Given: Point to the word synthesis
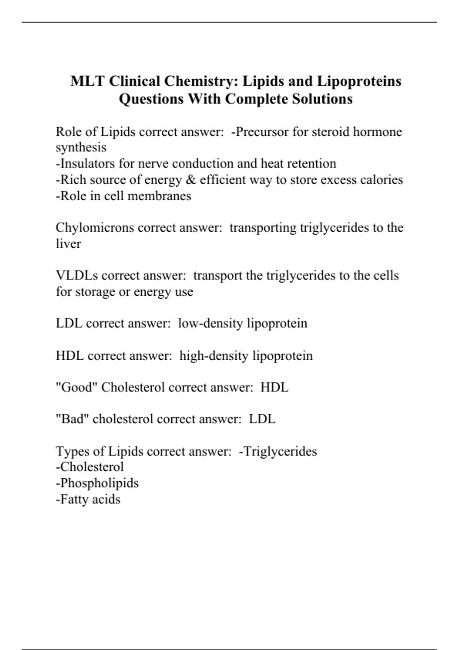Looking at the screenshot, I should coord(81,148).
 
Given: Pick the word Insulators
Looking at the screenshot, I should coord(85,164).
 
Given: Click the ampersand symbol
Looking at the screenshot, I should coord(190,180).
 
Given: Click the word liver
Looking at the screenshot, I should coord(68,244).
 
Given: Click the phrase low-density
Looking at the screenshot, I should coord(210,323).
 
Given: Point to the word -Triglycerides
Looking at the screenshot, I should coord(278,452).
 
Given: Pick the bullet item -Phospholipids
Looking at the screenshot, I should coord(97,483).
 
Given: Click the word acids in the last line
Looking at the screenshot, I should coord(106,499).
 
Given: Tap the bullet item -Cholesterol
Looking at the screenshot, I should coord(90,467).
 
